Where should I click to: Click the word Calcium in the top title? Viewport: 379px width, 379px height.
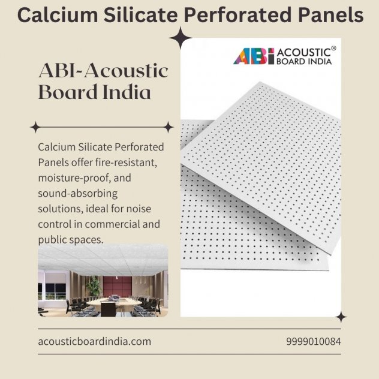tap(58, 15)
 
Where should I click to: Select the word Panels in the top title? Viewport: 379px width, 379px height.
tap(330, 15)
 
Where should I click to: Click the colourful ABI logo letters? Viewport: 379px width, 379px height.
tap(254, 56)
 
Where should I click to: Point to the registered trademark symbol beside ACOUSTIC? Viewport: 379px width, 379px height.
tap(333, 48)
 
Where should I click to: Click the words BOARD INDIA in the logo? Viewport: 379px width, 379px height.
tap(304, 61)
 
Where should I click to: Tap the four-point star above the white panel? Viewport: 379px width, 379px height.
tap(181, 38)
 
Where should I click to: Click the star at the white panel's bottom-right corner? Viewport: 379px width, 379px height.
tap(341, 317)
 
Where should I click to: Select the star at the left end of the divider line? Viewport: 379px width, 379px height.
tap(35, 127)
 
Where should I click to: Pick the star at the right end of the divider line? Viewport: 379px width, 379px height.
tap(169, 127)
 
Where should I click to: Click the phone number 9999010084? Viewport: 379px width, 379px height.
tap(314, 342)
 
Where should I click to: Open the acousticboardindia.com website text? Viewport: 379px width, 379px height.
tap(95, 342)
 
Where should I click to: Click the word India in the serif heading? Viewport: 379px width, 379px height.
tap(127, 92)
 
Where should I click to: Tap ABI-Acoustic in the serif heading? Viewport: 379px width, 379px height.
tap(104, 70)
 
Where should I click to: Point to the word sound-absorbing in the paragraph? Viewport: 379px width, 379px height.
tap(78, 194)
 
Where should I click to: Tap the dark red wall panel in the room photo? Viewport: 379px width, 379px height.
tap(118, 287)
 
